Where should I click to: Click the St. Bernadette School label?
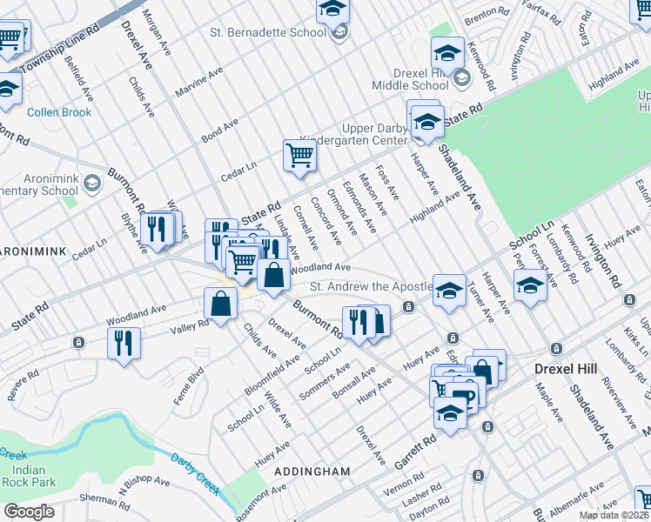(x=267, y=33)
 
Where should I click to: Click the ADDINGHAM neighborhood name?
(x=312, y=472)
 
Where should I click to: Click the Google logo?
(x=30, y=511)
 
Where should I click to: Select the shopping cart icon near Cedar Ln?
(x=299, y=156)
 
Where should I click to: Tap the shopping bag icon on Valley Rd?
(x=220, y=304)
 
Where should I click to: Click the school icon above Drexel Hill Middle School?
(x=446, y=51)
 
